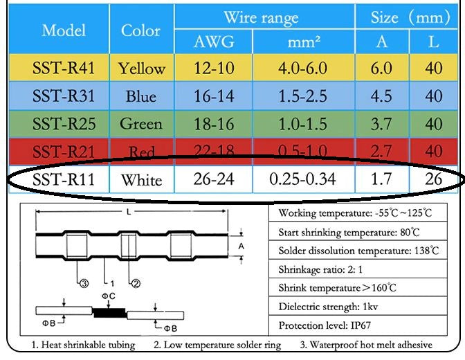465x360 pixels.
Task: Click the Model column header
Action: (x=64, y=30)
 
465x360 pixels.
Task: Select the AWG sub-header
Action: (x=214, y=43)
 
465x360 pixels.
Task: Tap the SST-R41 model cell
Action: (x=64, y=69)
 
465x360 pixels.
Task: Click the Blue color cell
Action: (x=141, y=96)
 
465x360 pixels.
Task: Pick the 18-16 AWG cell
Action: (x=214, y=124)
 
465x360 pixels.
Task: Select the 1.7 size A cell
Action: (x=381, y=180)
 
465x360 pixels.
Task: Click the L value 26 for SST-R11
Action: (x=434, y=180)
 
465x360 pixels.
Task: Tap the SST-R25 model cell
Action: (x=64, y=124)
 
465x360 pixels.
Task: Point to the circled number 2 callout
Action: (x=136, y=283)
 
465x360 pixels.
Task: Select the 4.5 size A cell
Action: (x=381, y=96)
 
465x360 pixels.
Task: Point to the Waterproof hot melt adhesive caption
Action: (x=366, y=344)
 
